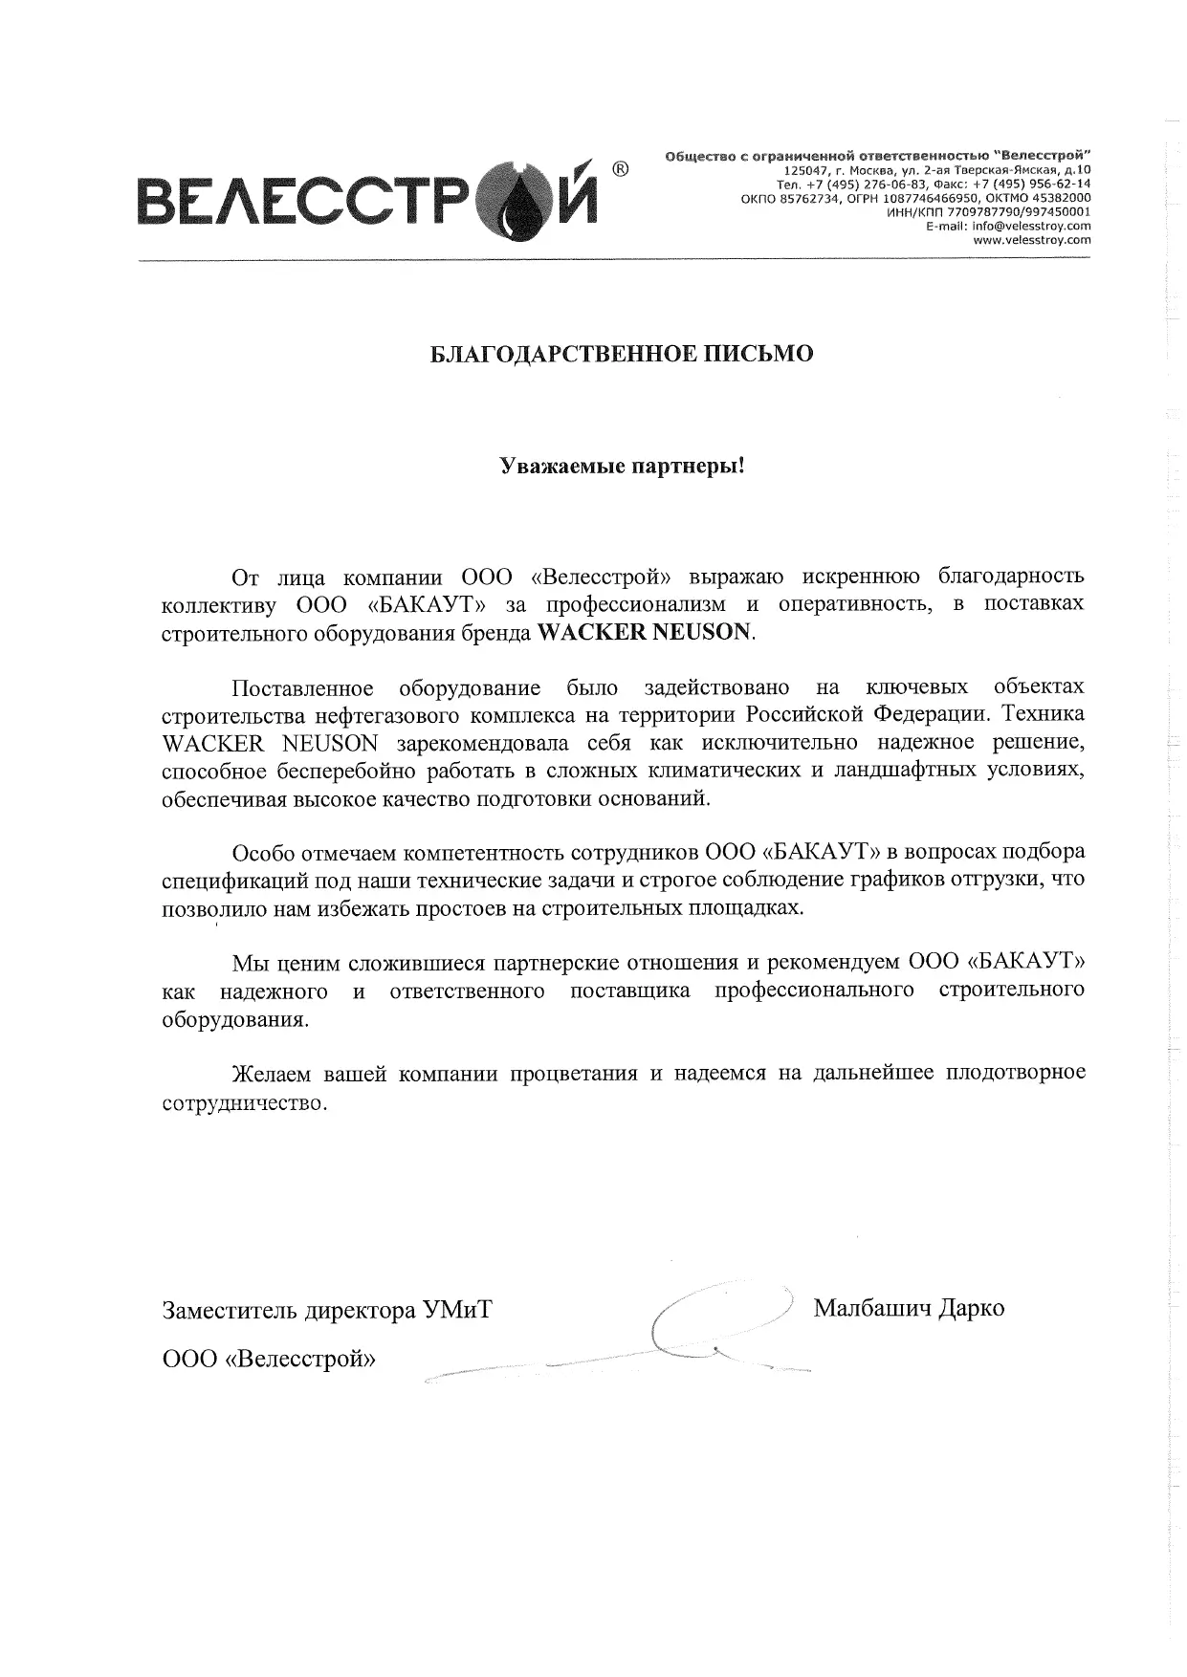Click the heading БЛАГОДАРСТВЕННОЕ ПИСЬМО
621,354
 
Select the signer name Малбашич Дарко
908,1307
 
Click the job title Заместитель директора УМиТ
327,1309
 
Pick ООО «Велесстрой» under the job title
269,1358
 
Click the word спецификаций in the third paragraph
226,879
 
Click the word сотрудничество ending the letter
244,1102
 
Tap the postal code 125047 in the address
802,169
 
